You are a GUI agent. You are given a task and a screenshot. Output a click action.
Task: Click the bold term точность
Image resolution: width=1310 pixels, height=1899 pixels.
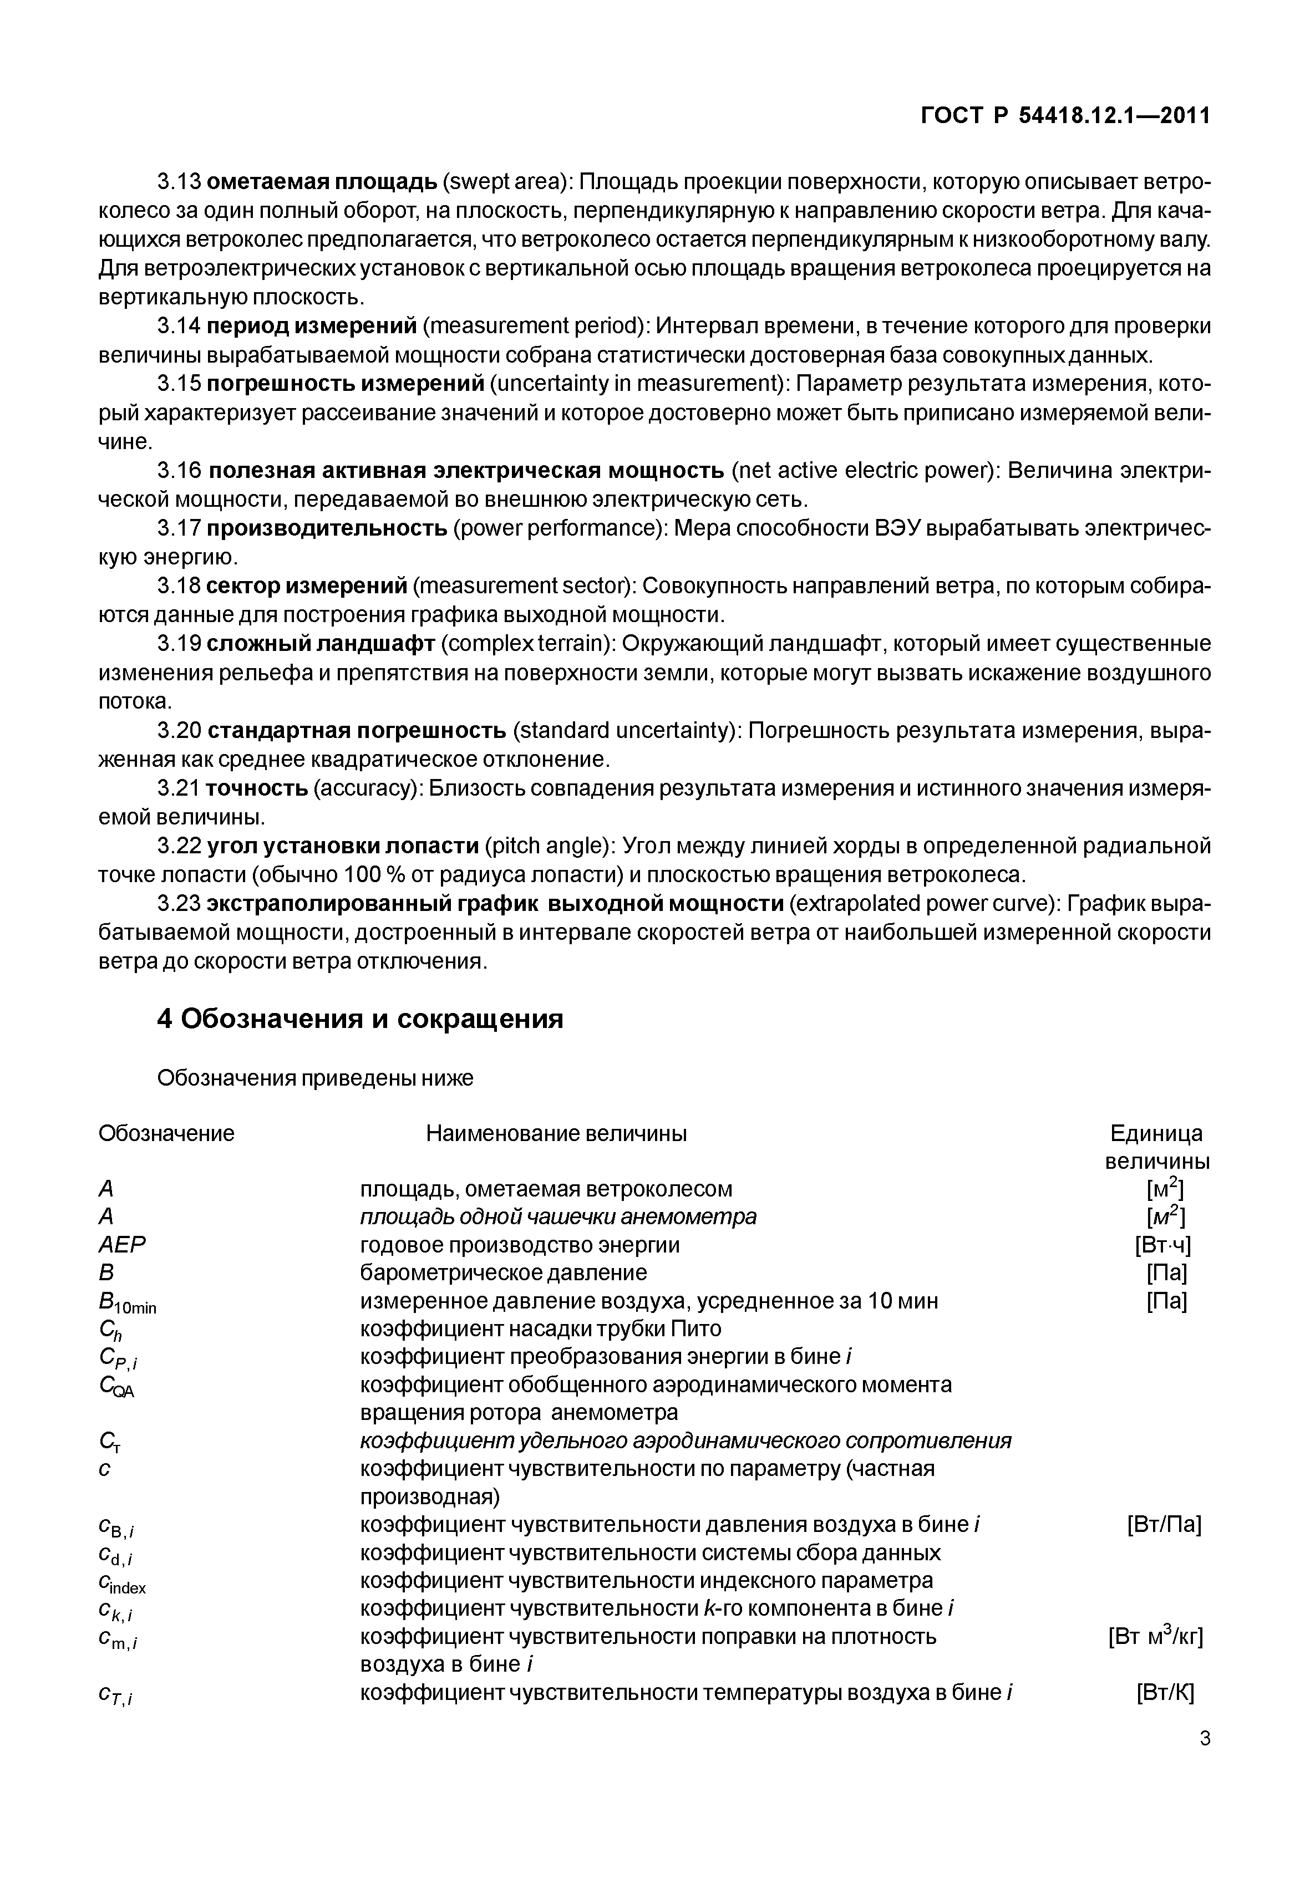click(256, 788)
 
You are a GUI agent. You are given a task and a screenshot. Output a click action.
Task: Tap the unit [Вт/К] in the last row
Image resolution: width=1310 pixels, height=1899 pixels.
click(1165, 1692)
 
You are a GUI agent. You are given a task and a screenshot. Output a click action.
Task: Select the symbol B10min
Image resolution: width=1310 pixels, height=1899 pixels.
click(126, 1303)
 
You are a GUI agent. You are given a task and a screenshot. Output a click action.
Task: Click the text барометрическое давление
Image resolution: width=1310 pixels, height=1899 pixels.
click(503, 1273)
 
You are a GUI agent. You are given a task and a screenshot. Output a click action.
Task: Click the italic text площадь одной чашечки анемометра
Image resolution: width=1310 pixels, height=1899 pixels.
click(558, 1216)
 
